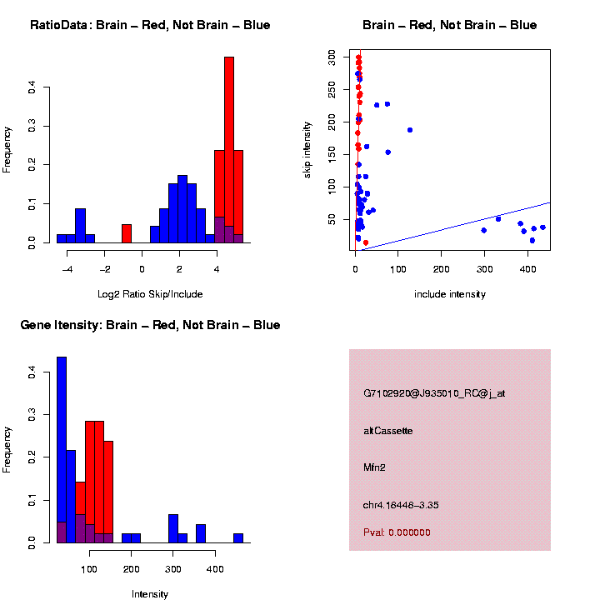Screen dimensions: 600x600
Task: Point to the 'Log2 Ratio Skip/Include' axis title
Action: pos(150,294)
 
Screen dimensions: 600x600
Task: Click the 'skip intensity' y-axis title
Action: pos(307,148)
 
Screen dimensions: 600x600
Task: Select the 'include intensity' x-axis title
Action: pos(450,294)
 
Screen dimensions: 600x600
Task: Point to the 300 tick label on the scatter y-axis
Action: pos(332,57)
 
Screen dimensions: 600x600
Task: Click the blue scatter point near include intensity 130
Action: pos(410,130)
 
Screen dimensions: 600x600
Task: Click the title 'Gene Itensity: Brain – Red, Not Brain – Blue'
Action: pos(150,325)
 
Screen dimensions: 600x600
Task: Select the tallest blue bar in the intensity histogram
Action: pos(62,450)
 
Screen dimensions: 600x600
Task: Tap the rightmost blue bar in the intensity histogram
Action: pos(238,537)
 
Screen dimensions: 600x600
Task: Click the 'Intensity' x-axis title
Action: pos(150,594)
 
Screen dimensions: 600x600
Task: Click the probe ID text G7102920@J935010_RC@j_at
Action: pos(434,392)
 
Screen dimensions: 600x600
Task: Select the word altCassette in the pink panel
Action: pos(388,431)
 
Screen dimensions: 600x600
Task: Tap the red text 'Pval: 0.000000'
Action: pos(397,532)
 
